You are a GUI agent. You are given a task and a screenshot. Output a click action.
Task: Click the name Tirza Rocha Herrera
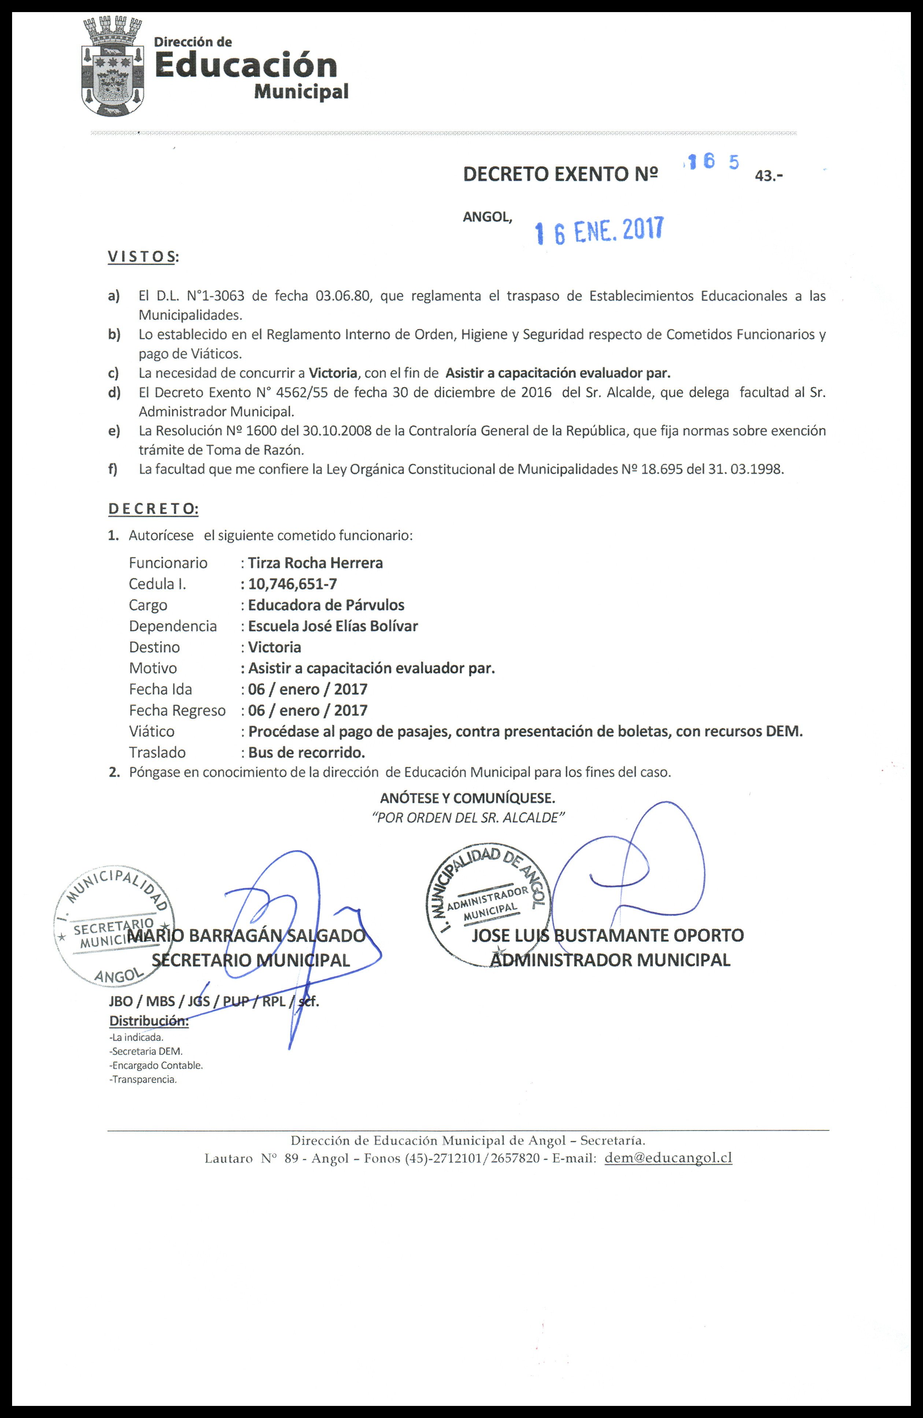coord(315,563)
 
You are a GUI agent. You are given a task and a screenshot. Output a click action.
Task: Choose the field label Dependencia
coord(173,626)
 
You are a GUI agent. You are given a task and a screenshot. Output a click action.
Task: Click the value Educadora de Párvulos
coord(326,605)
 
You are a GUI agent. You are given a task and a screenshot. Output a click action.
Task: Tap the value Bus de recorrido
coord(306,752)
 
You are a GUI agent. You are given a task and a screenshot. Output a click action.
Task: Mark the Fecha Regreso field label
coord(177,710)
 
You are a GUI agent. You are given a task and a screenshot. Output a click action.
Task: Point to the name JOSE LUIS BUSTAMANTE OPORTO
coord(607,936)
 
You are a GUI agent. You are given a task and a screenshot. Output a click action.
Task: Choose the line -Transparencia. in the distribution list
coord(143,1080)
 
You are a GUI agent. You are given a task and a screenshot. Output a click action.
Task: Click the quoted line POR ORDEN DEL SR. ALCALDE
coord(468,818)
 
